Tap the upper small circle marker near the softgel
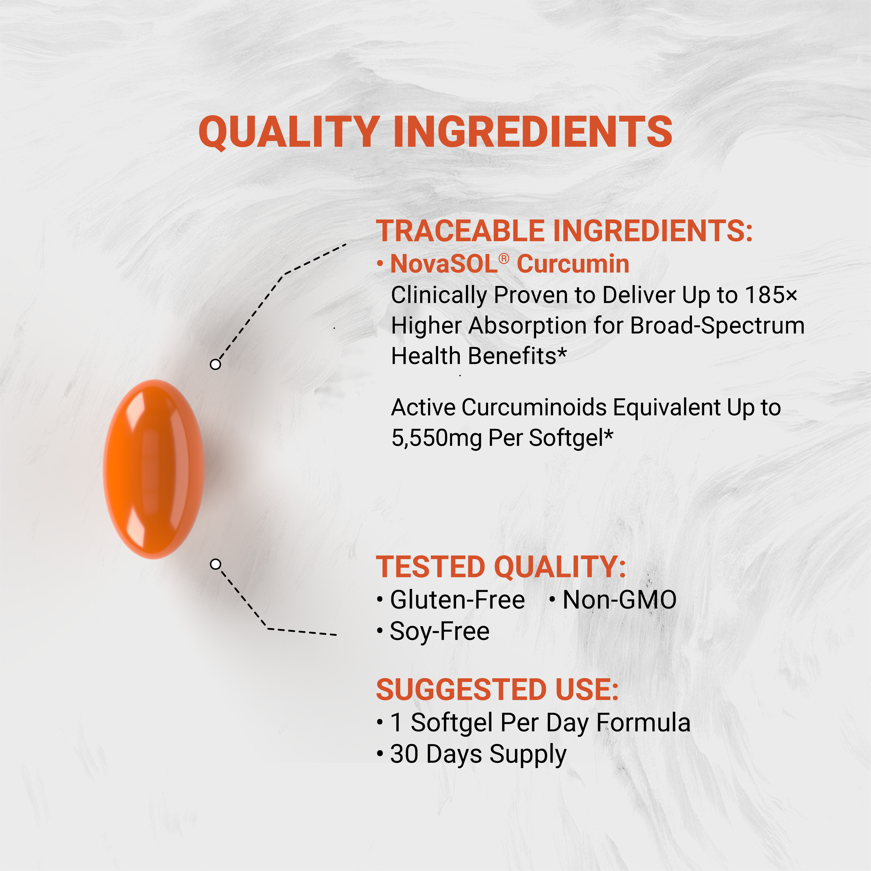click(215, 364)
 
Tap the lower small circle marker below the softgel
click(215, 564)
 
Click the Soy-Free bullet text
click(440, 631)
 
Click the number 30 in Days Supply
click(404, 754)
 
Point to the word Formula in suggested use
click(643, 723)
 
